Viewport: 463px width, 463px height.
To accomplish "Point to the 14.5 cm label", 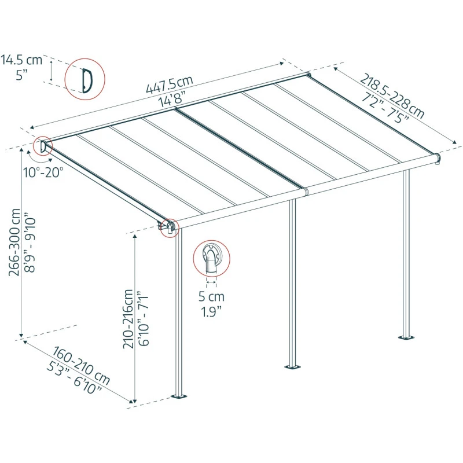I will tap(21, 60).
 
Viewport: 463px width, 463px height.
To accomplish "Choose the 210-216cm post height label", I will tap(128, 318).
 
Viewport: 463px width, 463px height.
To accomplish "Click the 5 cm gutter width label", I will tap(211, 297).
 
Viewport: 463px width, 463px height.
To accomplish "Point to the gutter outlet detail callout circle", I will tap(211, 258).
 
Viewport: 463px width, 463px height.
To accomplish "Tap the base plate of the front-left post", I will tap(179, 396).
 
